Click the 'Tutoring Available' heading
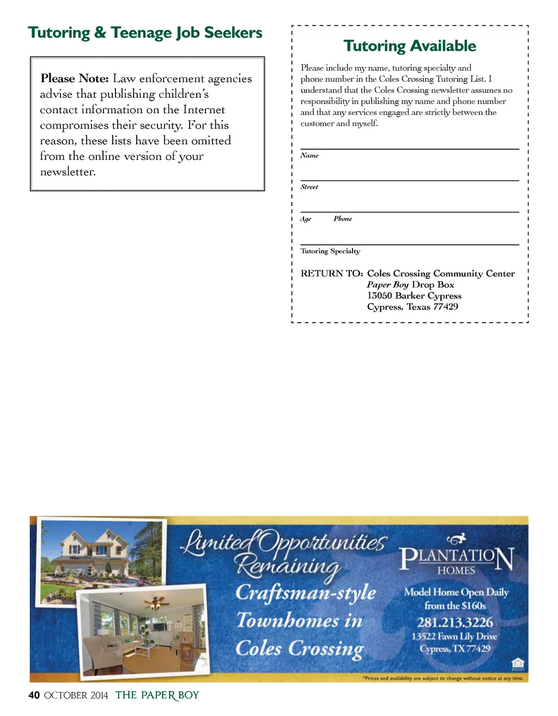pyautogui.click(x=410, y=46)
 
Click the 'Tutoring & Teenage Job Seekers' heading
pyautogui.click(x=145, y=33)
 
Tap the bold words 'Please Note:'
pyautogui.click(x=75, y=78)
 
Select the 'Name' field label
pyautogui.click(x=310, y=156)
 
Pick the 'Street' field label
pyautogui.click(x=310, y=187)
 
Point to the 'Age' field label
pyautogui.click(x=306, y=219)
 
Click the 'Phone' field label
pyautogui.click(x=343, y=219)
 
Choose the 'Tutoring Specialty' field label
pyautogui.click(x=330, y=251)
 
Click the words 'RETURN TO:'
pyautogui.click(x=332, y=274)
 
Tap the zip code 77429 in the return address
pyautogui.click(x=445, y=307)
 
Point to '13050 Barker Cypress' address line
pyautogui.click(x=414, y=296)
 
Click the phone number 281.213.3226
pyautogui.click(x=455, y=622)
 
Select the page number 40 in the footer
pyautogui.click(x=34, y=695)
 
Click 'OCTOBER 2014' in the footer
pyautogui.click(x=76, y=695)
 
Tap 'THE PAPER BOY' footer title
pyautogui.click(x=157, y=695)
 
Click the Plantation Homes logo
pyautogui.click(x=457, y=556)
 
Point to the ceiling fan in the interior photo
pyautogui.click(x=156, y=603)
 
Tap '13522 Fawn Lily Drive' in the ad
pyautogui.click(x=454, y=636)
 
